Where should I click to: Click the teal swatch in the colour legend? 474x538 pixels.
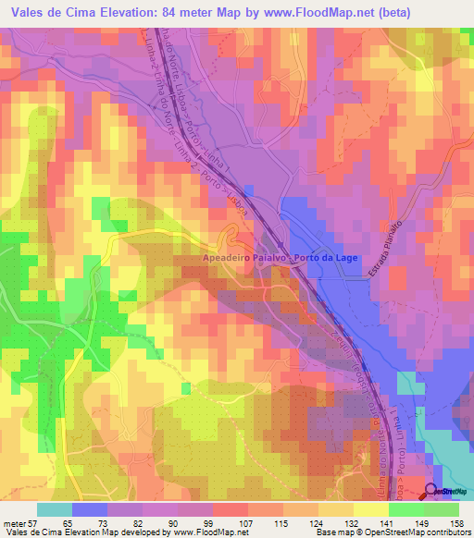pos(55,509)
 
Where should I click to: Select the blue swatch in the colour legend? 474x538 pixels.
pos(90,509)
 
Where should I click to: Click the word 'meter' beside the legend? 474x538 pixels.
pos(14,523)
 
